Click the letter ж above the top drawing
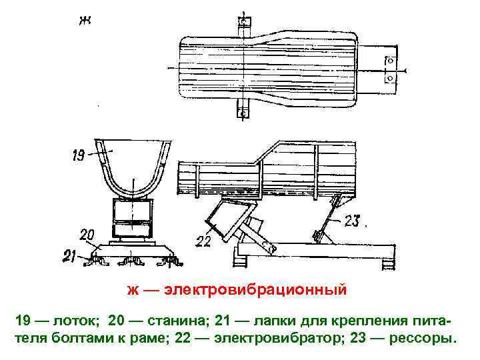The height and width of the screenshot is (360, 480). (x=85, y=20)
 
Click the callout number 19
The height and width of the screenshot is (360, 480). (x=77, y=157)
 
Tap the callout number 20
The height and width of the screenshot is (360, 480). (x=87, y=234)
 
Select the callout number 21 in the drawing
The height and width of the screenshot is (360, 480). (x=70, y=255)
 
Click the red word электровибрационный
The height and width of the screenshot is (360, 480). (x=256, y=291)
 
